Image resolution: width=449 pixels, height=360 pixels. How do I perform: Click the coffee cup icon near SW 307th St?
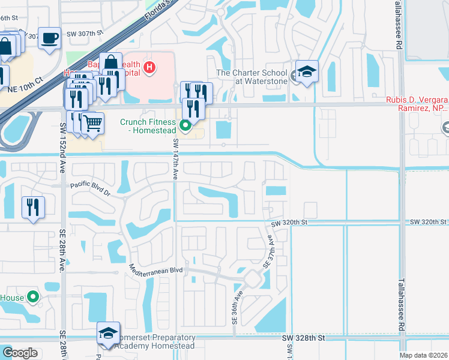pyautogui.click(x=49, y=38)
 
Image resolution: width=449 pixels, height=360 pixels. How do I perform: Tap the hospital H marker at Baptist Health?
pyautogui.click(x=148, y=68)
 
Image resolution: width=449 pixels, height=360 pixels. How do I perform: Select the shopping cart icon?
pyautogui.click(x=92, y=123)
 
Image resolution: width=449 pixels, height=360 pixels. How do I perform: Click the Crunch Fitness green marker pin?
pyautogui.click(x=185, y=126)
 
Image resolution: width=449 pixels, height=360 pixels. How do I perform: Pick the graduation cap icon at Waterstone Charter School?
pyautogui.click(x=306, y=72)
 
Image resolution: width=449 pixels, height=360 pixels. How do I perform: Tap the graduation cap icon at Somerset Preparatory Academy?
pyautogui.click(x=108, y=334)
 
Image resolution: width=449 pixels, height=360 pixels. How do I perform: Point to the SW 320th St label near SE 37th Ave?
pyautogui.click(x=289, y=223)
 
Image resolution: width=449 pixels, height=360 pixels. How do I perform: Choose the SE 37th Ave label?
pyautogui.click(x=270, y=251)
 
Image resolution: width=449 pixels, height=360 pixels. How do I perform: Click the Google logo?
pyautogui.click(x=20, y=352)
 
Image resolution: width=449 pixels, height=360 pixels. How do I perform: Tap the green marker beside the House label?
pyautogui.click(x=33, y=297)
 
